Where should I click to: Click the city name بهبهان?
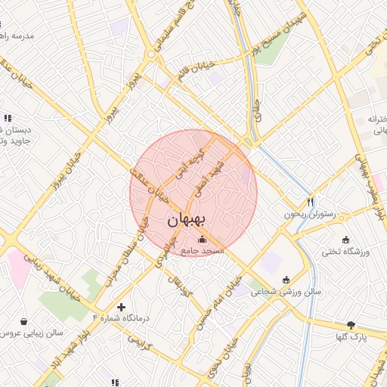[x=186, y=221]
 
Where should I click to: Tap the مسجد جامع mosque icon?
[x=200, y=240]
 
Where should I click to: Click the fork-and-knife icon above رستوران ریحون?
[x=310, y=202]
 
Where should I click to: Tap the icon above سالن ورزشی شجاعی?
[x=286, y=279]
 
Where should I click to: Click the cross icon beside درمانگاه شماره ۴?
[x=121, y=307]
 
